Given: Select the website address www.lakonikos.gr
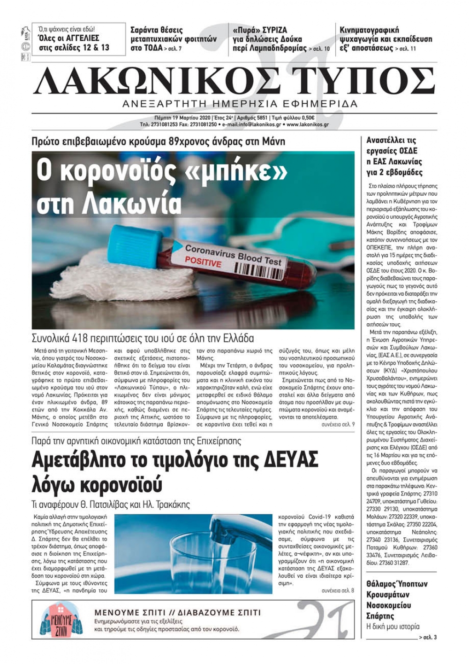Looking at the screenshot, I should [x=307, y=125].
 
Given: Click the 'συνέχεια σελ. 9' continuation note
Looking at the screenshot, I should [x=338, y=424].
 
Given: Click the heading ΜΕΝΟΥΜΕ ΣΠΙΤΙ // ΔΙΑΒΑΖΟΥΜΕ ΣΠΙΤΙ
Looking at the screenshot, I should [x=177, y=612].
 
